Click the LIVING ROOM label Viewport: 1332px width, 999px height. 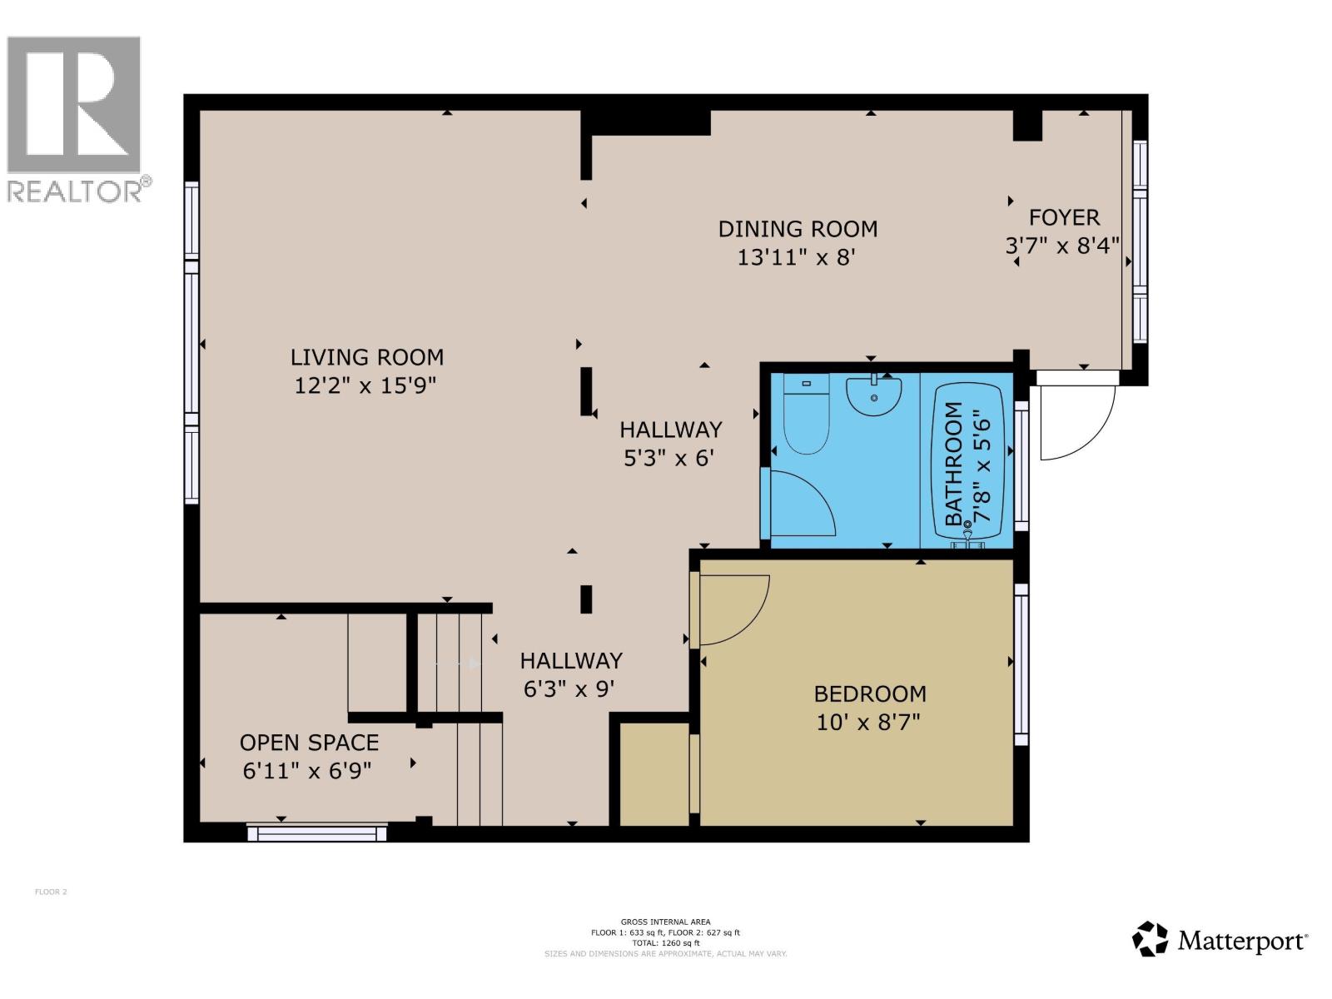point(366,357)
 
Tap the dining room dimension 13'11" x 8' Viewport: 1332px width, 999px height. point(797,256)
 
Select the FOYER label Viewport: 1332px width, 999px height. point(1064,217)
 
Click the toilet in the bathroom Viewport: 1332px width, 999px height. point(806,416)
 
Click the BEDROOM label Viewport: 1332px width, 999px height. point(870,693)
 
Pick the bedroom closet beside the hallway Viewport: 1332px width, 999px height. point(654,774)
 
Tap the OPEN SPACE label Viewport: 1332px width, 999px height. point(309,743)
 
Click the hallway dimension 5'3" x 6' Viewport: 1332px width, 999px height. point(669,458)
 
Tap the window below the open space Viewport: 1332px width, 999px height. point(318,832)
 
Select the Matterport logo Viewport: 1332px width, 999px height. point(1220,940)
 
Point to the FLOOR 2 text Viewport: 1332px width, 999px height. point(51,892)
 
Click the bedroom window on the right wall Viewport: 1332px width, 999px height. point(1021,664)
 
